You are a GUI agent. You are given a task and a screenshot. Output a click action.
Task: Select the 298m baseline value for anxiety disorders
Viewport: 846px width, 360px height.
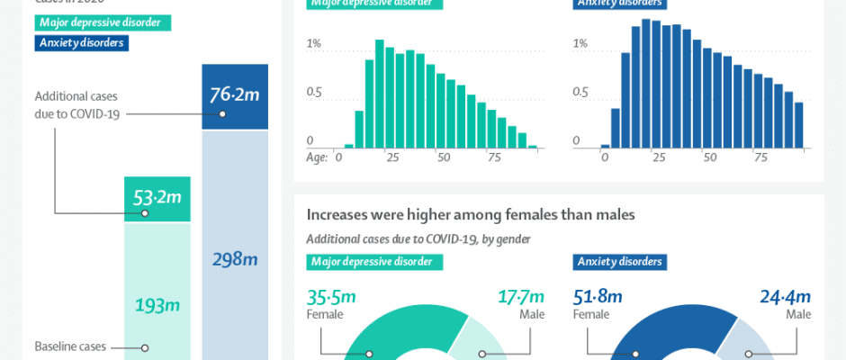235,259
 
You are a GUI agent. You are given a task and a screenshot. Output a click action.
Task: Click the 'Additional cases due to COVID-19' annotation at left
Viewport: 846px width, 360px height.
77,105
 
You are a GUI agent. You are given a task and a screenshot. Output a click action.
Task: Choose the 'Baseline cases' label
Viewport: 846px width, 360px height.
69,346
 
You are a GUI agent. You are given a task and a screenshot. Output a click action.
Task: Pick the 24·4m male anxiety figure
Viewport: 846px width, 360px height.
790,297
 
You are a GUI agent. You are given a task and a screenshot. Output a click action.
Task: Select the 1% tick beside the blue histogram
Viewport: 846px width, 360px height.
580,44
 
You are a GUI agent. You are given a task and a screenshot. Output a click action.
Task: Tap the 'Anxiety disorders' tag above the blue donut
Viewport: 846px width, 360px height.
620,262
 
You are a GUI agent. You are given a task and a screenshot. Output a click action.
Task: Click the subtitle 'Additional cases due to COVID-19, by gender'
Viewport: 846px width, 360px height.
418,239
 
